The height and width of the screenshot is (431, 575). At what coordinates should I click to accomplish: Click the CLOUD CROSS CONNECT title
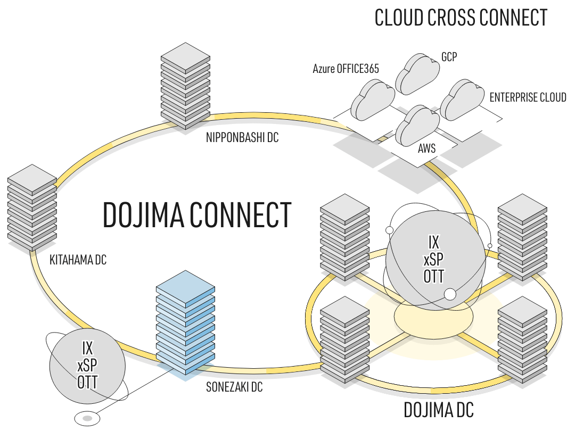click(x=461, y=18)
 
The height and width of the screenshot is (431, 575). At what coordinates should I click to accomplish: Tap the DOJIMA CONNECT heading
click(x=197, y=215)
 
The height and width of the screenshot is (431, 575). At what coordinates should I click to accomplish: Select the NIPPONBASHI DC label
click(x=242, y=137)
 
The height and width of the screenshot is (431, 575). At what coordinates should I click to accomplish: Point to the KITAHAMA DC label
click(x=78, y=260)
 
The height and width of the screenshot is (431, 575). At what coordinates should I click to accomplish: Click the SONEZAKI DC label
click(x=234, y=387)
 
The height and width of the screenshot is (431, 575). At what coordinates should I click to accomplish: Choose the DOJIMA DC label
click(x=439, y=410)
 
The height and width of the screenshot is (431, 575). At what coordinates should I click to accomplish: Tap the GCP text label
click(x=449, y=57)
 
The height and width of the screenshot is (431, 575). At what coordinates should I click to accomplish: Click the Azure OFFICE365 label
click(x=346, y=69)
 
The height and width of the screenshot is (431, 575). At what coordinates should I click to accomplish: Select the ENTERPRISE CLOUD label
click(x=528, y=97)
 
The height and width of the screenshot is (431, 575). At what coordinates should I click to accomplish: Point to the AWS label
click(x=426, y=148)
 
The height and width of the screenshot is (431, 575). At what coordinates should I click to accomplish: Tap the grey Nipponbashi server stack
click(x=186, y=86)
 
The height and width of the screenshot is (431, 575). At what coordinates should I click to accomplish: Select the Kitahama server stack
click(x=32, y=208)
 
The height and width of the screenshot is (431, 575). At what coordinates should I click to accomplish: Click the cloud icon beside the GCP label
click(x=417, y=74)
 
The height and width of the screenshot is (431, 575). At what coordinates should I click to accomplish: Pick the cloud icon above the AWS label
click(x=417, y=126)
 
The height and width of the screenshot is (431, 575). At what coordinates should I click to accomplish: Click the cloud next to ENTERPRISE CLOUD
click(x=462, y=100)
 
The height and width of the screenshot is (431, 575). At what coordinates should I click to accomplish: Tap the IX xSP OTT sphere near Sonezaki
click(x=87, y=366)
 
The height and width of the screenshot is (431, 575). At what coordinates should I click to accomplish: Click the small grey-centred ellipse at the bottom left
click(x=87, y=418)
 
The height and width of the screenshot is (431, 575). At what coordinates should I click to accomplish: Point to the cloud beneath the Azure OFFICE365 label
click(x=373, y=100)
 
